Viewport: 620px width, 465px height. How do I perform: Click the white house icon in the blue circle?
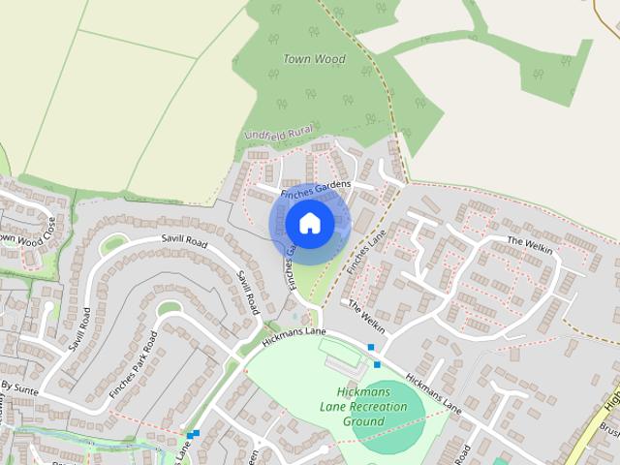(x=309, y=224)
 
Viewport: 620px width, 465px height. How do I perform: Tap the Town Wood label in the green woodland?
(x=314, y=59)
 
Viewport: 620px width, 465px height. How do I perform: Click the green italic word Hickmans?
(x=362, y=392)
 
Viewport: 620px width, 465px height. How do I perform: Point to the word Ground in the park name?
(x=363, y=421)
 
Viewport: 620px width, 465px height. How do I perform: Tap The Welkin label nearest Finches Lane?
(x=366, y=318)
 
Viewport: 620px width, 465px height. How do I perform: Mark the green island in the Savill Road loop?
(x=112, y=245)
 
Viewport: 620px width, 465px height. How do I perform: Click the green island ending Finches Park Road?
(x=169, y=309)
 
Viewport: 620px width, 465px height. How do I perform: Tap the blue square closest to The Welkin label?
(x=370, y=347)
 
